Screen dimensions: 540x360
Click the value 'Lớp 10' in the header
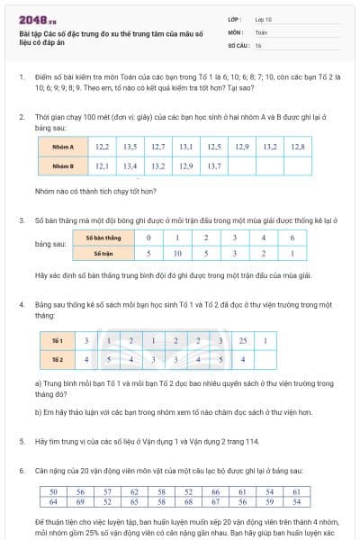(265, 18)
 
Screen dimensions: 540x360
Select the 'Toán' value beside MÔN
(262, 31)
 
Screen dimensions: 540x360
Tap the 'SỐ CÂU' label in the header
(238, 45)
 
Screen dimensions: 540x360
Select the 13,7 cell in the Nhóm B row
(214, 166)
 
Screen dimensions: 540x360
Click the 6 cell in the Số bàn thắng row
(292, 238)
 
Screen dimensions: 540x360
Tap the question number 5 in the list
(21, 441)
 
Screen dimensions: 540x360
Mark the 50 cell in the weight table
(53, 492)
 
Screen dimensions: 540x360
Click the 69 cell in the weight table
(80, 502)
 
